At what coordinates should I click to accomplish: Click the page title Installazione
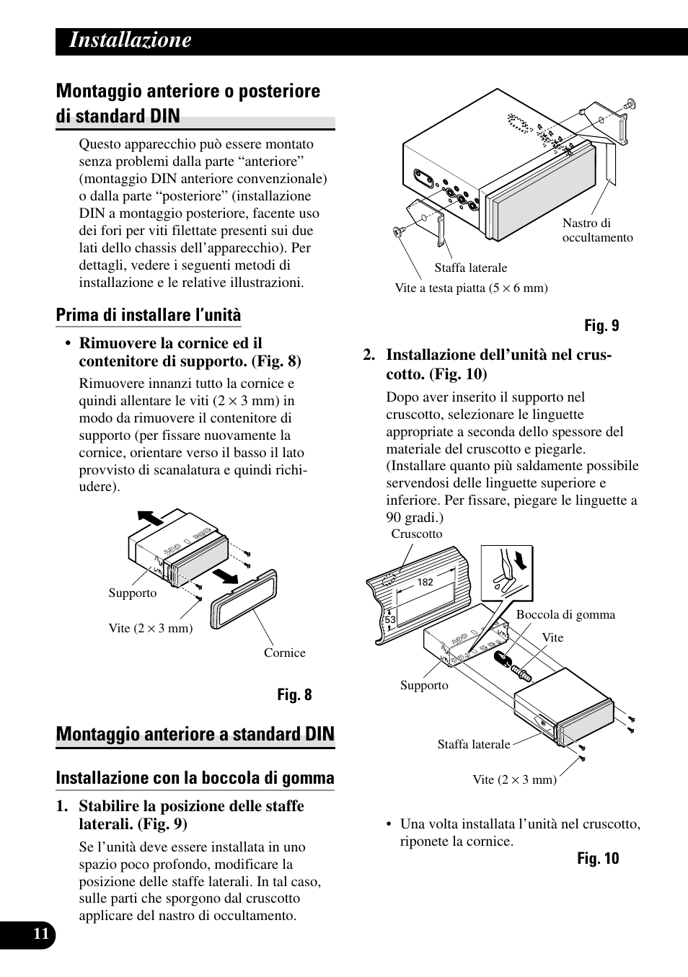131,40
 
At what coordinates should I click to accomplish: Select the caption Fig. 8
295,695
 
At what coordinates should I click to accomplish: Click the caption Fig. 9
601,326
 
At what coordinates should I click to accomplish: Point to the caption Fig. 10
598,859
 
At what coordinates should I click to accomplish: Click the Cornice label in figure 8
284,653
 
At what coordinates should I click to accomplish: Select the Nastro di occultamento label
597,231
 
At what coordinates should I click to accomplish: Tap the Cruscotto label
416,534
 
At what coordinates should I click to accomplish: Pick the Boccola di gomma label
565,615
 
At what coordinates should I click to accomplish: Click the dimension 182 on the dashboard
425,582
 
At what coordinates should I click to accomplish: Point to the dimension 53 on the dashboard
390,619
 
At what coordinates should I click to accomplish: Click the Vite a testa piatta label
471,288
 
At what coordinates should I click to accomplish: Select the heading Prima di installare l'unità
149,315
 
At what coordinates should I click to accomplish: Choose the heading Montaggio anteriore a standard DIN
195,734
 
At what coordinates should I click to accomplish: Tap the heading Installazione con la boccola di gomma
195,778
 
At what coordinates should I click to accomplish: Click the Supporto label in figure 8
132,593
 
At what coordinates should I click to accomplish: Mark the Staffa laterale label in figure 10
474,745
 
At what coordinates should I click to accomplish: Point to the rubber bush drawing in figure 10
503,660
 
